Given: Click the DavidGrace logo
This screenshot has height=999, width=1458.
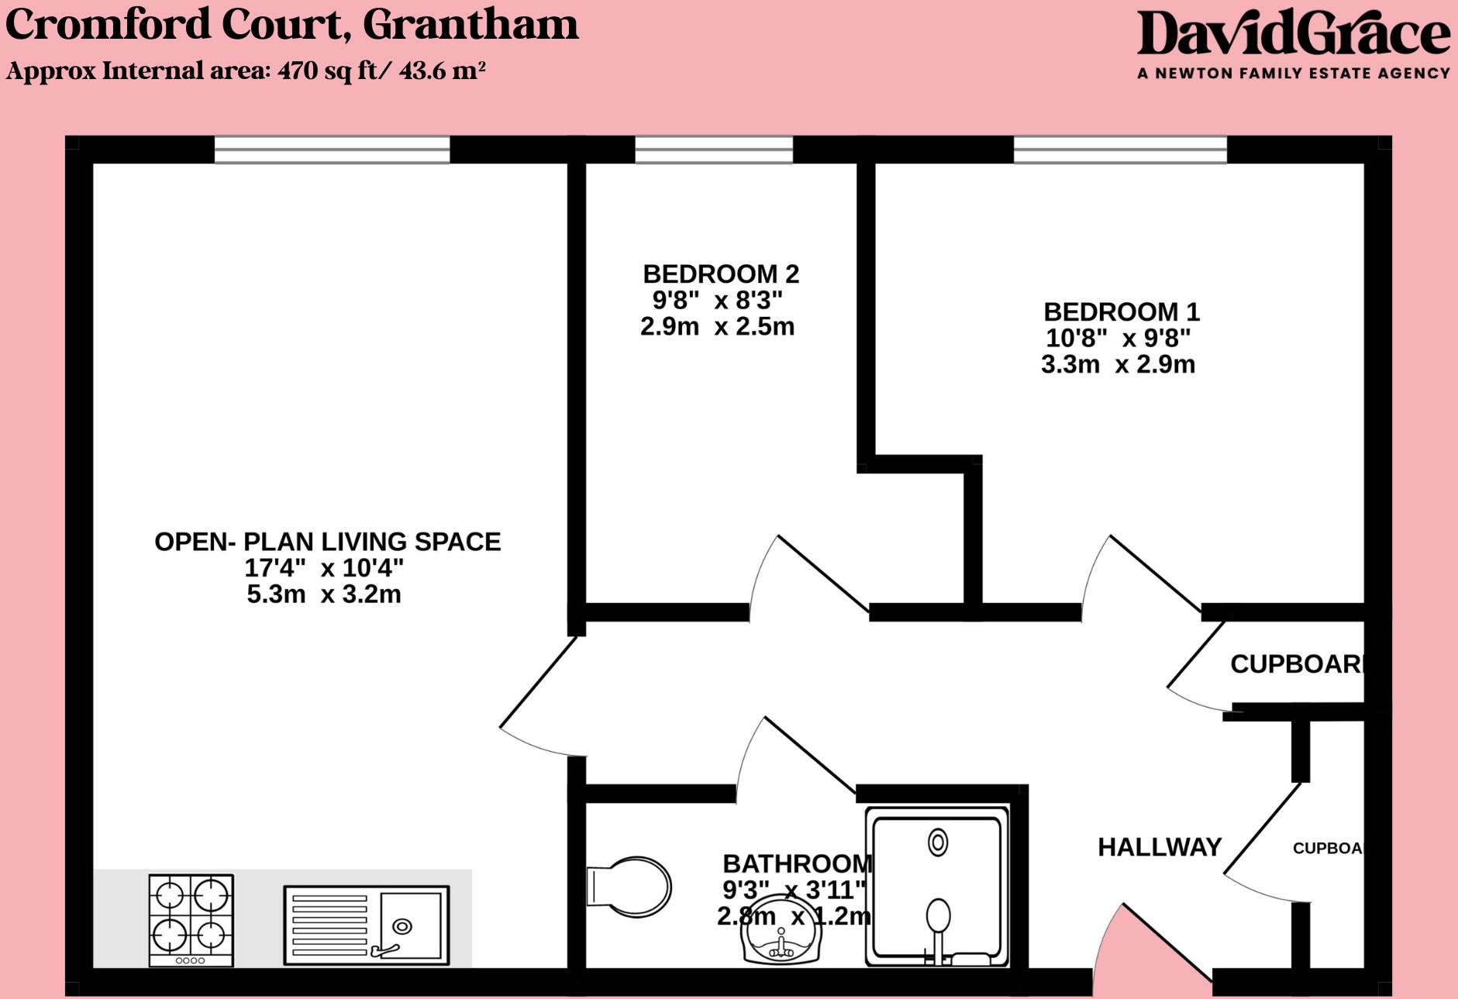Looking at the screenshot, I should coord(1293,34).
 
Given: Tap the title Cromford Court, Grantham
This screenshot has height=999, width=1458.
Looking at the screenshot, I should coord(291,25).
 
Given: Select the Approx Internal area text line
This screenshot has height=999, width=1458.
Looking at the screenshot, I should coord(246,71).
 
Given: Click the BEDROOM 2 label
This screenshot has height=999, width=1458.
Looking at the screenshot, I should coord(720,274).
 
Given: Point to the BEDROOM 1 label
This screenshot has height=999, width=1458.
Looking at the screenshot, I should coord(1121,312).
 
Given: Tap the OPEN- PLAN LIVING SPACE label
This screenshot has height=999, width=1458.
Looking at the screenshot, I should coord(327,542).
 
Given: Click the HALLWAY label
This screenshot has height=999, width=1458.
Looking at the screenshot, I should coord(1159,847).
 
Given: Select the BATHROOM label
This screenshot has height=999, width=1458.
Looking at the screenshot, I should coord(797,863).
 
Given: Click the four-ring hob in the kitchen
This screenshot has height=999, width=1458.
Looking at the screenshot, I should coord(191,920).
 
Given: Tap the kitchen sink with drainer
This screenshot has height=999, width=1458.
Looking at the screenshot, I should coord(366,925).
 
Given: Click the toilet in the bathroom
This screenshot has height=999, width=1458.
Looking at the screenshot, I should coord(630,887).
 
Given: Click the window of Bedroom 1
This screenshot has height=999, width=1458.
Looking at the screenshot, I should coord(1120,150).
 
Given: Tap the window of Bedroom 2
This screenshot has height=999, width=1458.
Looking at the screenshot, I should coord(714,150).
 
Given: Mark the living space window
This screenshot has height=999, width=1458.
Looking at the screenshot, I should coord(332,150).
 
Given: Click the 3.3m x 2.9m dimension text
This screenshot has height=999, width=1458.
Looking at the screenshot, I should coord(1118,364).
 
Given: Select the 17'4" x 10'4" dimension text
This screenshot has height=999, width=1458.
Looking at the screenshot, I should coord(324,568).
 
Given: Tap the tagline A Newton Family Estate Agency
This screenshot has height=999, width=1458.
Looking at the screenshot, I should coord(1293,74).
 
